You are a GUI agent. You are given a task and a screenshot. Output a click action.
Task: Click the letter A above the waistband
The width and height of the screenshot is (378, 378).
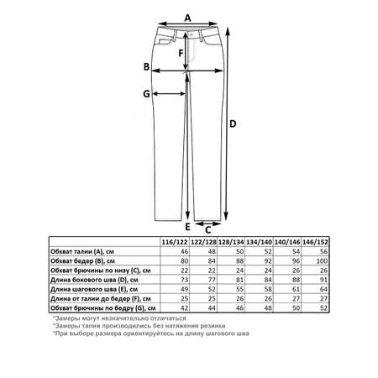click(x=187, y=18)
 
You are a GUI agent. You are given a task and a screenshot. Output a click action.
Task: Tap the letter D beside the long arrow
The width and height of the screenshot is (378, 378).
click(x=233, y=123)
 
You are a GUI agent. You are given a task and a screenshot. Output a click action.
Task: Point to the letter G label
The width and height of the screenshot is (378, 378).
click(x=146, y=94)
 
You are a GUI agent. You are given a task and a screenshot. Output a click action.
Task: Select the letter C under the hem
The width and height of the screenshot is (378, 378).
click(x=207, y=230)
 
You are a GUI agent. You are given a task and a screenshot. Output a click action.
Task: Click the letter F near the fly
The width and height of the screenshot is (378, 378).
click(x=181, y=53)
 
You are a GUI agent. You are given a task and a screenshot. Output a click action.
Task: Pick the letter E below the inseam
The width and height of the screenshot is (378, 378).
click(x=187, y=227)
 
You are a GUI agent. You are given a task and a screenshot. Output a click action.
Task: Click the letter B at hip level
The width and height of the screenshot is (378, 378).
click(x=146, y=67)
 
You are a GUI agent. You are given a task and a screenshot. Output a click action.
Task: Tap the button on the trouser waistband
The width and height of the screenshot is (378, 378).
click(x=192, y=34)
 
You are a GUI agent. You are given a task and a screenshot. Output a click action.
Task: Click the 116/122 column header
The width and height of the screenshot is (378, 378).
click(x=175, y=242)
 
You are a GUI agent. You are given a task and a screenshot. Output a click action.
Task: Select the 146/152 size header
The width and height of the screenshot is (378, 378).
click(x=315, y=242)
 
